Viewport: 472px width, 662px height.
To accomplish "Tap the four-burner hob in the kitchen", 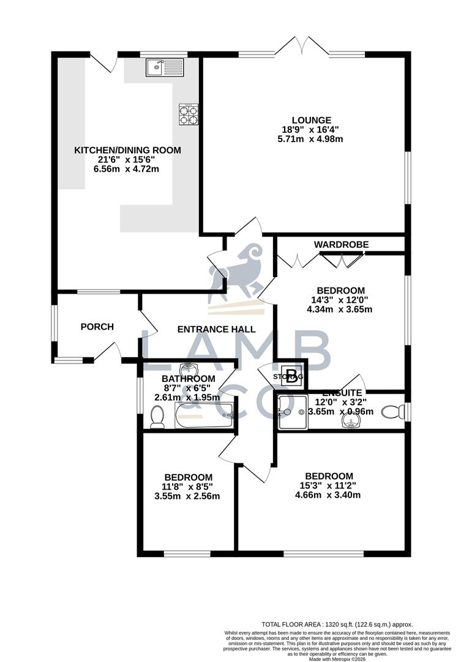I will click(189, 114).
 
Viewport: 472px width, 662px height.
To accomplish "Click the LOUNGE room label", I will click(311, 120).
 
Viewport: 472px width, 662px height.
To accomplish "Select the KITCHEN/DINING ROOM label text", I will click(127, 150).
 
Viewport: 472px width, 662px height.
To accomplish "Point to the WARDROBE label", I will click(341, 245).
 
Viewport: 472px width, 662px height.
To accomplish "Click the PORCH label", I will click(97, 327).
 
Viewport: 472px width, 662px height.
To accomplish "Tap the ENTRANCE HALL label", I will click(216, 329).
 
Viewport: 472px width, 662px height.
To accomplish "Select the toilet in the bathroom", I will click(157, 418).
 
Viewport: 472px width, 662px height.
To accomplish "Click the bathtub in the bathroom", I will click(204, 415).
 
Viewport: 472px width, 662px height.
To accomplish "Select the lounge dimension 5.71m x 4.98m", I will click(311, 139).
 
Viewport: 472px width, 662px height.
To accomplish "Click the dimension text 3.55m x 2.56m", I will click(188, 496).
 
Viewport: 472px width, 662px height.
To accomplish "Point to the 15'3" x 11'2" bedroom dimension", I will click(329, 486).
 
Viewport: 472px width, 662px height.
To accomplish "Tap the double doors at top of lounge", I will click(301, 49).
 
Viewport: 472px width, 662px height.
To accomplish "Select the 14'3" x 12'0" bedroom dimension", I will click(340, 300).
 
